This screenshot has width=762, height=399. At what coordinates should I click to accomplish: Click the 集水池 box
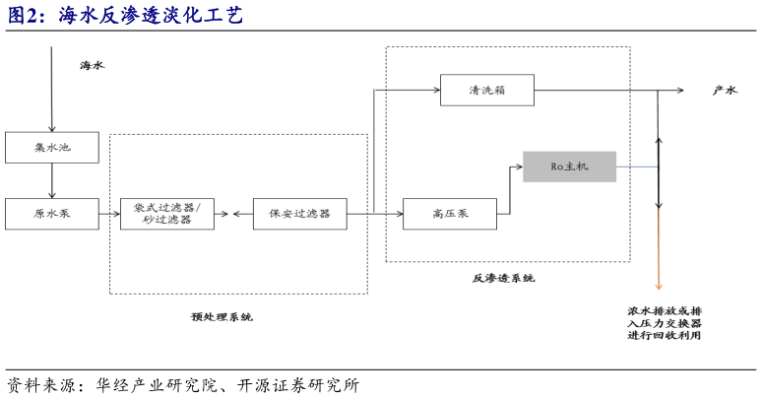[x=52, y=148]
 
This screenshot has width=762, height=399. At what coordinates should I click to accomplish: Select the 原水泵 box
[x=52, y=213]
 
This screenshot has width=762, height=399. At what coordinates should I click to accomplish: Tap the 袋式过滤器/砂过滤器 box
[x=166, y=213]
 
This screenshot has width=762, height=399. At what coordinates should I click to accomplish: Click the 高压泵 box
[x=449, y=213]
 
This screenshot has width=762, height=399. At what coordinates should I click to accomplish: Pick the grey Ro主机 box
[x=569, y=166]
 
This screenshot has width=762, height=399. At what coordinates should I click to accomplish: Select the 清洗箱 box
[x=486, y=91]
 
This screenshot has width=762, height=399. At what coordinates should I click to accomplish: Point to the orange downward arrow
[x=659, y=256]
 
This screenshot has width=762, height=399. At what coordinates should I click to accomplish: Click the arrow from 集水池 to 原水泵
[x=52, y=180]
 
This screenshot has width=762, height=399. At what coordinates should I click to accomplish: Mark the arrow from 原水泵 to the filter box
[x=109, y=213]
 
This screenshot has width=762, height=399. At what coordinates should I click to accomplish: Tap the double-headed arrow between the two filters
[x=228, y=213]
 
